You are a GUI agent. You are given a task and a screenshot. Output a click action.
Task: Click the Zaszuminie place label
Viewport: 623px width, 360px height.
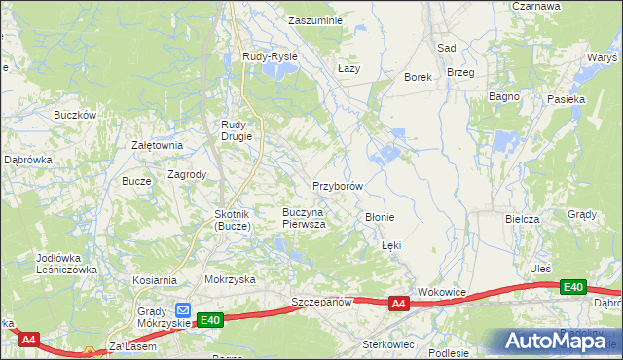click(x=316, y=19)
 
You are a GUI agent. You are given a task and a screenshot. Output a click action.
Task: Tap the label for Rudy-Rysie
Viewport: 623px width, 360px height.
click(x=270, y=57)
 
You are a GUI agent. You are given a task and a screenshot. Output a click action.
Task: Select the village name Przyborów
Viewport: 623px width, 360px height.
click(x=338, y=185)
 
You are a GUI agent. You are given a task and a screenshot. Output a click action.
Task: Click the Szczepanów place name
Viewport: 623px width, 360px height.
click(x=321, y=303)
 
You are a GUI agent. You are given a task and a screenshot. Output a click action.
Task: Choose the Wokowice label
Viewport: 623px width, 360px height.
click(x=443, y=291)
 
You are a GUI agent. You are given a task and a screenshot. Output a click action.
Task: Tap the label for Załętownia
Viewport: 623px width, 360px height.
click(x=158, y=145)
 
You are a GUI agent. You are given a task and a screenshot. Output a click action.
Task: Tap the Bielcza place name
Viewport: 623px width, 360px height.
click(x=522, y=219)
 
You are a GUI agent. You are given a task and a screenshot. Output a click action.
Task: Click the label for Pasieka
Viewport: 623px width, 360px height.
click(x=566, y=99)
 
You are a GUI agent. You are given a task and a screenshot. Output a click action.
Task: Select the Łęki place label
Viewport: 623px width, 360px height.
click(x=391, y=246)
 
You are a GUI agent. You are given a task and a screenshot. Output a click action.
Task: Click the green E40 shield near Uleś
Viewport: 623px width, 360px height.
click(x=573, y=287)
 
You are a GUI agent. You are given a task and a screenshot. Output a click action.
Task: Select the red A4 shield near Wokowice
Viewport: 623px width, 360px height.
click(x=397, y=305)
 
